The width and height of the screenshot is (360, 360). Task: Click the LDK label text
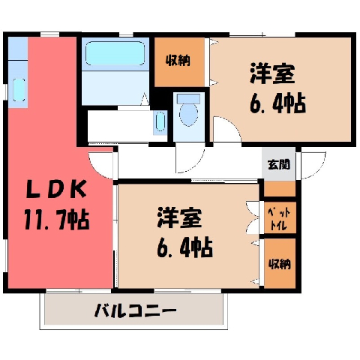pos(57,190)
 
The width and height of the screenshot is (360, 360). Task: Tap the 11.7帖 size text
pos(57,220)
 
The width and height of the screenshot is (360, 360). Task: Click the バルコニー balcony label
pos(136,310)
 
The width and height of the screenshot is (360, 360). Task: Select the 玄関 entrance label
pos(279,164)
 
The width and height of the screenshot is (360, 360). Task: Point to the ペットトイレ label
pos(280,220)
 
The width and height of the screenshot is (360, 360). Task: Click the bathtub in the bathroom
pos(115,53)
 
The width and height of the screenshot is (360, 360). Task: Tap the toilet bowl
pos(189,115)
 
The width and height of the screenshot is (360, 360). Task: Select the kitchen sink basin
pos(19,90)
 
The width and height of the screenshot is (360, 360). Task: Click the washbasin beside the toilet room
pos(160,121)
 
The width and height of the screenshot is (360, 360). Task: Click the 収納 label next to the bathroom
pos(178,60)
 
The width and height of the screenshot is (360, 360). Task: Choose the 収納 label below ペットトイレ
pos(280,264)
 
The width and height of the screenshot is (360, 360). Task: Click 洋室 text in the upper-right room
pos(272,73)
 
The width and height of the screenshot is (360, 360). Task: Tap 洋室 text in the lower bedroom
pos(179,217)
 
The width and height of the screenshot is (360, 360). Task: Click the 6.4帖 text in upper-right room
pos(277,103)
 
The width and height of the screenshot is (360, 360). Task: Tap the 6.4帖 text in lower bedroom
pos(185,247)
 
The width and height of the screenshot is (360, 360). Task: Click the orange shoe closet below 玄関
pos(280,189)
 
